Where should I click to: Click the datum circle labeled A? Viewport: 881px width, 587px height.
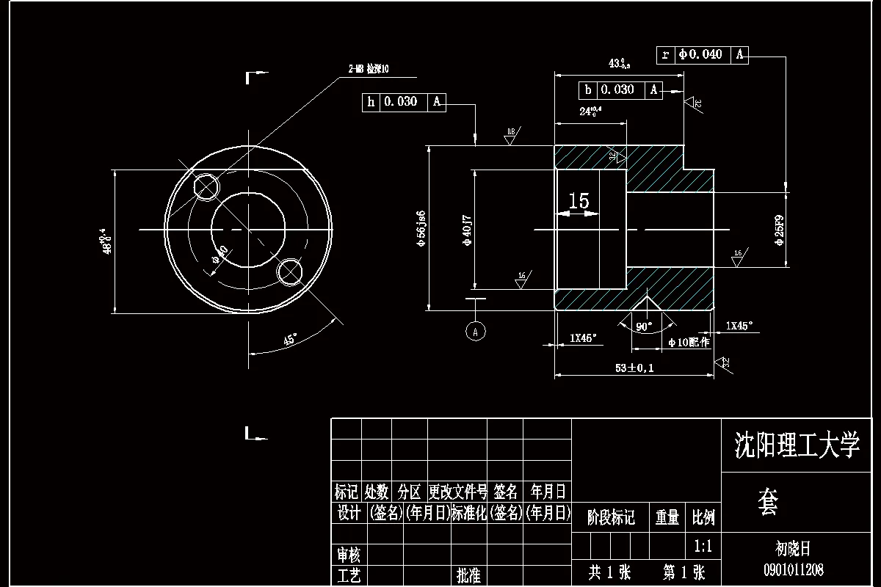pyautogui.click(x=476, y=331)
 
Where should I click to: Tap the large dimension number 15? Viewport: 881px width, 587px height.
pyautogui.click(x=579, y=201)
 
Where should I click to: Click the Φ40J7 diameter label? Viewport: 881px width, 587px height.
pyautogui.click(x=468, y=229)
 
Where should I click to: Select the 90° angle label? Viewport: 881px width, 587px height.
pyautogui.click(x=644, y=327)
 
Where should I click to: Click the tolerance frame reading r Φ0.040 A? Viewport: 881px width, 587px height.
pyautogui.click(x=703, y=54)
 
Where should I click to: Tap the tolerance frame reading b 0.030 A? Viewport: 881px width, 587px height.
pyautogui.click(x=620, y=90)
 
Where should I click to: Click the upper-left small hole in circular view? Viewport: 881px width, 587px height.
pyautogui.click(x=206, y=186)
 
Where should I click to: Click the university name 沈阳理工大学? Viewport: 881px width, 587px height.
pyautogui.click(x=797, y=445)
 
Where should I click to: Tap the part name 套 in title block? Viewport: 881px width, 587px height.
pyautogui.click(x=768, y=503)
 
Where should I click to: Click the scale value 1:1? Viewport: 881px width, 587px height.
pyautogui.click(x=703, y=546)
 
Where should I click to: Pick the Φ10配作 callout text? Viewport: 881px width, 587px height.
pyautogui.click(x=689, y=342)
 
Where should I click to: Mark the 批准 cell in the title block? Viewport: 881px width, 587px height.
pyautogui.click(x=468, y=575)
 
